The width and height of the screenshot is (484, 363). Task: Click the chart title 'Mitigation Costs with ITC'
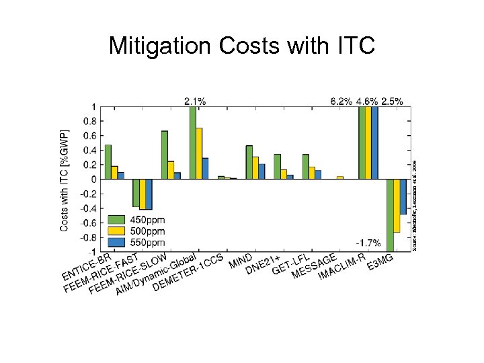241,46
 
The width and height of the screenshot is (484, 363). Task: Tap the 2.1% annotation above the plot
195,101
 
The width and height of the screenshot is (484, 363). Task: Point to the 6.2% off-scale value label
341,101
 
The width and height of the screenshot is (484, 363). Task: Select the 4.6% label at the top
366,101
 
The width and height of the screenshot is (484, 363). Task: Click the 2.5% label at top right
392,101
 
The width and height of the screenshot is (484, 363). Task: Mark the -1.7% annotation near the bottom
368,243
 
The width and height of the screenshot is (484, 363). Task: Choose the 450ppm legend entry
147,220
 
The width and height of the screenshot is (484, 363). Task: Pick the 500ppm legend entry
147,231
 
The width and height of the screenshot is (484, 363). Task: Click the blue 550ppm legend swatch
117,241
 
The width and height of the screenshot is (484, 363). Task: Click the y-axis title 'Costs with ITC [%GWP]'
65,180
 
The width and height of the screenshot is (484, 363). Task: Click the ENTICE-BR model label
85,267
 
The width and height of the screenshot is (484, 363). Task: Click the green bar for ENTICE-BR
108,162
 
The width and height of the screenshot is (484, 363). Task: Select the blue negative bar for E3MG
403,196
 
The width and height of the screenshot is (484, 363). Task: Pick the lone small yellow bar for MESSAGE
340,177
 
